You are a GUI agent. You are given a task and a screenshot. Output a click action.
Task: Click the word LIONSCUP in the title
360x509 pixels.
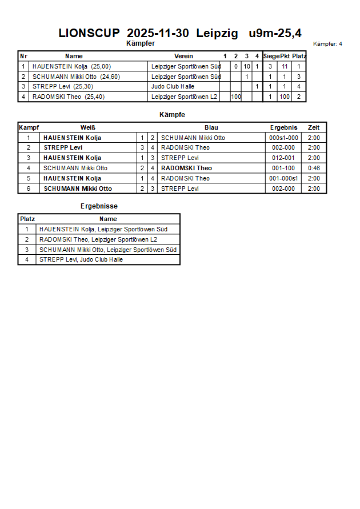pos(89,33)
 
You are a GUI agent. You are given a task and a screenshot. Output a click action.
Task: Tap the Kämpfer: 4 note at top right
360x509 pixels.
pos(327,44)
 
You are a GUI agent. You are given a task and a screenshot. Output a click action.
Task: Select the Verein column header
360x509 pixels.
pos(183,56)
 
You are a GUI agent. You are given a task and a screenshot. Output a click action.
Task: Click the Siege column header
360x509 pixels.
pos(271,56)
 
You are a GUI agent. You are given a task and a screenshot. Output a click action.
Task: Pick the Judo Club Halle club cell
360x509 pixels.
pos(173,87)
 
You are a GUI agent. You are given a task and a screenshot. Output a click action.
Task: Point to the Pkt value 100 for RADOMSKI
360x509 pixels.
pos(285,97)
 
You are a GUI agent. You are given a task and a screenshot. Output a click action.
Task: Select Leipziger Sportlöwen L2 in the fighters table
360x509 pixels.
pos(185,97)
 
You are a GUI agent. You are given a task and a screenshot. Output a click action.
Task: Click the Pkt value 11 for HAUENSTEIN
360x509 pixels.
pos(285,66)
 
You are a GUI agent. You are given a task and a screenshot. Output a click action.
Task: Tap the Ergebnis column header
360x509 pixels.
pos(283,127)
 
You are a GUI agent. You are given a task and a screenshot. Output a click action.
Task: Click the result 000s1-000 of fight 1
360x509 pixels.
pos(283,138)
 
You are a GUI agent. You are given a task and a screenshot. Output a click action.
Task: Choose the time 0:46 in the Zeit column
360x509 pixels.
pos(314,168)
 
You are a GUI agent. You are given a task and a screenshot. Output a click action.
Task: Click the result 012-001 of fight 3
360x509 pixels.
pos(283,158)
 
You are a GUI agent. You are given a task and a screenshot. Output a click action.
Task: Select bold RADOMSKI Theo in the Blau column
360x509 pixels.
pos(186,168)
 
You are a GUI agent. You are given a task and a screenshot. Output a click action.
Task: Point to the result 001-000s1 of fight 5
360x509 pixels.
pos(283,178)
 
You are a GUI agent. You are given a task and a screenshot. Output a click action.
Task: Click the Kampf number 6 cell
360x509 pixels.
pos(29,189)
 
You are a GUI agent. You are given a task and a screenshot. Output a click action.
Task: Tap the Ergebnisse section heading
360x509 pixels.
pos(99,206)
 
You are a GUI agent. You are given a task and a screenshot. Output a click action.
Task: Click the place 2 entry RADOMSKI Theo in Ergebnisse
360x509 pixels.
pos(98,240)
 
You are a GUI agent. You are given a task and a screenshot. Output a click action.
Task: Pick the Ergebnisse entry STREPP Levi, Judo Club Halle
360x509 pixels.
pos(81,260)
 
